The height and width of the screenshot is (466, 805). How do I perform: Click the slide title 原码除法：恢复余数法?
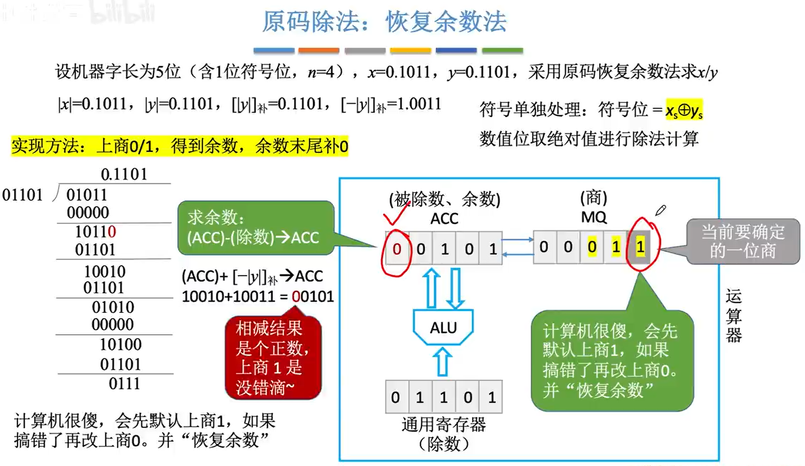click(x=384, y=22)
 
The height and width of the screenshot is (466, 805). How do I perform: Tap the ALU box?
click(x=443, y=327)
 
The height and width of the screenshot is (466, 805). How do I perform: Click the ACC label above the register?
click(x=444, y=218)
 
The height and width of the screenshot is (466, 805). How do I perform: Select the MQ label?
click(x=593, y=217)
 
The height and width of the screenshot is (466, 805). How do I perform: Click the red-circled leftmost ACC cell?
click(x=397, y=249)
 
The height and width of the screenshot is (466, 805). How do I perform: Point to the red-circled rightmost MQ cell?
click(x=640, y=247)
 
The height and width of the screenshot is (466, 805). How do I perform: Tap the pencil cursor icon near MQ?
click(x=660, y=210)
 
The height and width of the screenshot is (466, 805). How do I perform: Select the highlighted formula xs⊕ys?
click(x=684, y=110)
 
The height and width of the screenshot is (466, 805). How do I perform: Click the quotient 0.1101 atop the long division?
click(x=124, y=174)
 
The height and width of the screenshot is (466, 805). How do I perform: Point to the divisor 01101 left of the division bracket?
click(x=22, y=195)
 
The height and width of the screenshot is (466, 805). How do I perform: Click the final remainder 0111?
click(x=124, y=383)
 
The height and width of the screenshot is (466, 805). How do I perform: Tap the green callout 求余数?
click(x=255, y=228)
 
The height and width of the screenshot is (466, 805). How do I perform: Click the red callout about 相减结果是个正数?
click(x=273, y=357)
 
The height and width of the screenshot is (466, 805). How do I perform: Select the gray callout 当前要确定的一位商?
click(x=742, y=242)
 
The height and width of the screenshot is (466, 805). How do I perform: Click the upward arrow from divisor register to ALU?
click(x=442, y=362)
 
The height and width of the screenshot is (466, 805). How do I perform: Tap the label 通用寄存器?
click(x=443, y=424)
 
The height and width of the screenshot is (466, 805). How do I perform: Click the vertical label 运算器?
click(x=733, y=316)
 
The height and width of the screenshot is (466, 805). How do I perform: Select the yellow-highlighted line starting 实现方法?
click(x=180, y=146)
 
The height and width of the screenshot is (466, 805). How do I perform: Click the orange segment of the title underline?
click(x=318, y=50)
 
